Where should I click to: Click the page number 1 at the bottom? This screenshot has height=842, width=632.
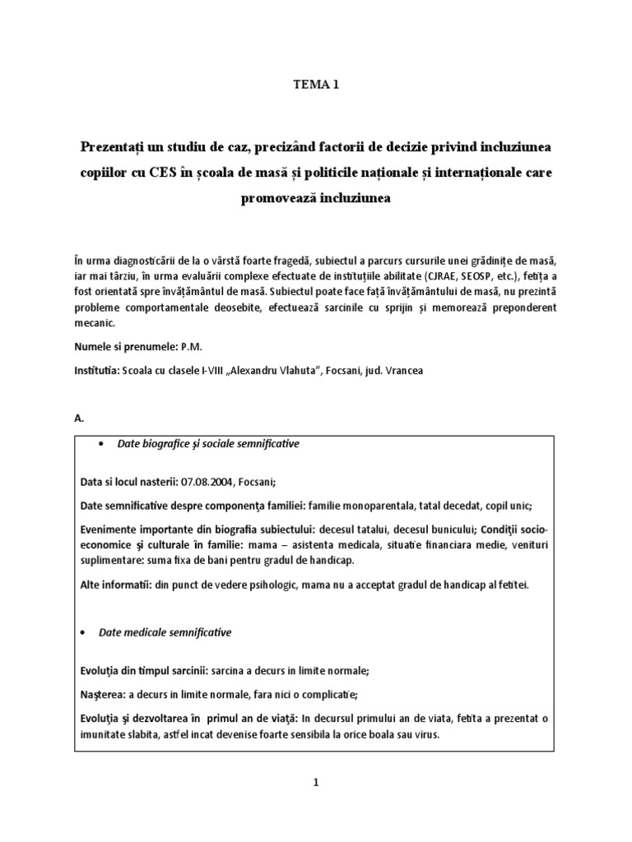[315, 784]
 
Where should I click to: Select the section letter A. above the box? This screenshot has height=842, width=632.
[79, 419]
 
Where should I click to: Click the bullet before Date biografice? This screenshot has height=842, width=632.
[100, 444]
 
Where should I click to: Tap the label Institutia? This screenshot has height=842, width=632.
[97, 372]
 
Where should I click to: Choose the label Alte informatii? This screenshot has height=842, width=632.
[114, 585]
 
